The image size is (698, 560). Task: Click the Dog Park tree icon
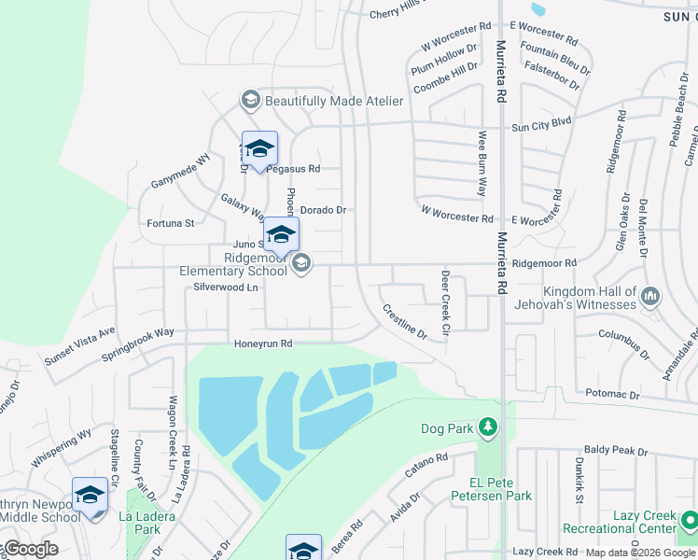coord(485,428)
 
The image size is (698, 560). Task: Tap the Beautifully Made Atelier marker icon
coord(250,100)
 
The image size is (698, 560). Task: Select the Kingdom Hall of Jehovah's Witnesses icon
coord(650,298)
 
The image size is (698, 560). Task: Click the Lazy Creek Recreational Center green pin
coord(689,519)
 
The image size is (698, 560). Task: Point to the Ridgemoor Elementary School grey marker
coord(300,265)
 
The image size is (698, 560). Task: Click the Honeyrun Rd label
coord(263,343)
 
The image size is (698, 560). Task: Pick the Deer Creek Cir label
coord(445,304)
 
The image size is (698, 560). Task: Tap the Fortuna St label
coord(171,223)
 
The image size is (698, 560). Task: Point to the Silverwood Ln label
coord(225,287)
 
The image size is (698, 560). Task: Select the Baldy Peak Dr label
coord(616,451)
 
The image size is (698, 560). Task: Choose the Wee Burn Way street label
coord(482,164)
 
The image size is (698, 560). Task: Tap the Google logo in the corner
coord(30,549)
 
